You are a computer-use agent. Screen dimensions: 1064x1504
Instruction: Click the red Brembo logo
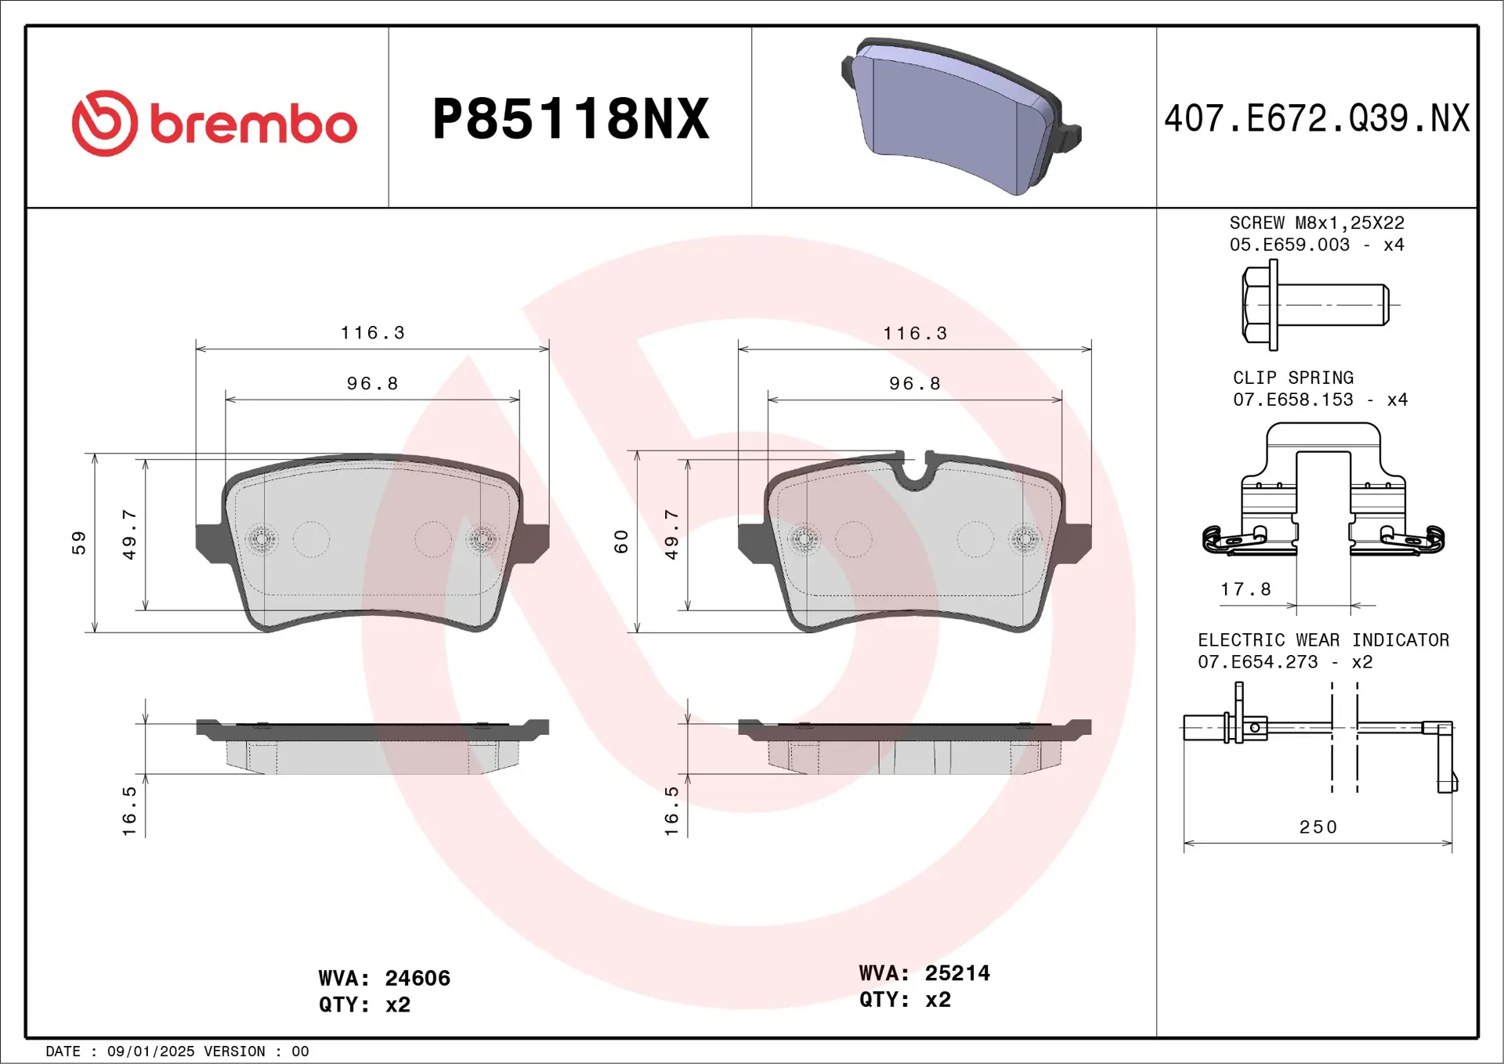coord(213,123)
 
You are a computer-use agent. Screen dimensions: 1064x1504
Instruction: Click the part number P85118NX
coord(570,119)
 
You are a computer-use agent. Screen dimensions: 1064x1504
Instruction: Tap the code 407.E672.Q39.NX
coord(1317,119)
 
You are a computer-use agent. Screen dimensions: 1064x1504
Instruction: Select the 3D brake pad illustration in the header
coord(960,116)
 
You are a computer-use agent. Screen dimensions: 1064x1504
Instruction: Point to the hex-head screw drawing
coord(1315,304)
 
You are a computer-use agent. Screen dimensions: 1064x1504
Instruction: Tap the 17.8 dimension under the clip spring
coord(1245,589)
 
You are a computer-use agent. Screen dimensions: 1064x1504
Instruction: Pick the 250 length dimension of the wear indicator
coord(1318,827)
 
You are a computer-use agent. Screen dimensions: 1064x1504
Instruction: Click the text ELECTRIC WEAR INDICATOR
coord(1323,640)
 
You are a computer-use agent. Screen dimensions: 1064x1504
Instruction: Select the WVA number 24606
coord(418,978)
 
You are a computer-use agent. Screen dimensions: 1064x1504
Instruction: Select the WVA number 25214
coord(957,973)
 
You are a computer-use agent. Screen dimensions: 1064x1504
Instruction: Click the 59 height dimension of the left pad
coord(79,542)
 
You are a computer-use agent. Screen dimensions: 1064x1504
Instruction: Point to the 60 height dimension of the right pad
coord(622,541)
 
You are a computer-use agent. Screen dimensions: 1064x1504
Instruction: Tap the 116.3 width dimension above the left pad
coord(373,333)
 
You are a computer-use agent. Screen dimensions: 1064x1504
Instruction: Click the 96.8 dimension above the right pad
coord(915,384)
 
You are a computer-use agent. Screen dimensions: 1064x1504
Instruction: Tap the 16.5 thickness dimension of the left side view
coord(129,811)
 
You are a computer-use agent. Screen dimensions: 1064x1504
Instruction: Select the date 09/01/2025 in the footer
coord(150,1051)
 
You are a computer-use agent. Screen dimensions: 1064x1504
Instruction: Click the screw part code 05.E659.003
coord(1289,244)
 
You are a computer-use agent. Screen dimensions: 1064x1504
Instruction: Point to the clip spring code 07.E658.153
coord(1292,400)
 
